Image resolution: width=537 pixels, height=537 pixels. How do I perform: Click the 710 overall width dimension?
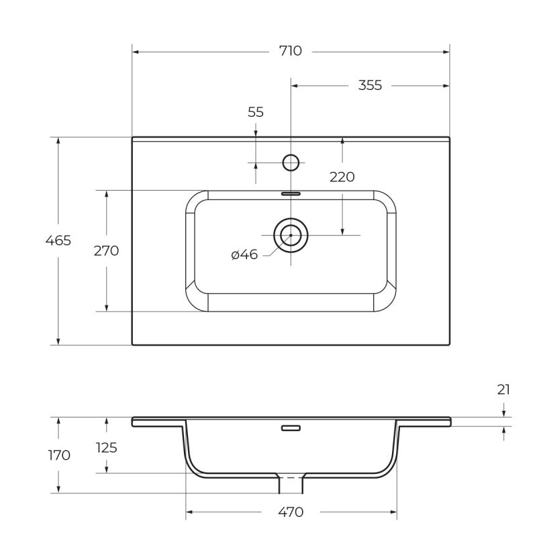pos(291,51)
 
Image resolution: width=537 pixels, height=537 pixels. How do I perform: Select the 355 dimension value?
pos(369,85)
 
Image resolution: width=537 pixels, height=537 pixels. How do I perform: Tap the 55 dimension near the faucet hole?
pos(256,112)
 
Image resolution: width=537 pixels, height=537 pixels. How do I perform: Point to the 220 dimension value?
pos(342,177)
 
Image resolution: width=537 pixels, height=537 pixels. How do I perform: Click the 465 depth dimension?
pos(58,240)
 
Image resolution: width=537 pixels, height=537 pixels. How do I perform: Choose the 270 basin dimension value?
pos(106,251)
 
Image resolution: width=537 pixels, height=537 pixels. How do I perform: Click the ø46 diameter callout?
pos(244,255)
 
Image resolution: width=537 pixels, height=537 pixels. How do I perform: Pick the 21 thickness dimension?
pos(504,389)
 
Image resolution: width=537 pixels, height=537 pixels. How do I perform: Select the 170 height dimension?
pos(59,455)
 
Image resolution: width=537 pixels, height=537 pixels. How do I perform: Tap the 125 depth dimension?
pos(106,447)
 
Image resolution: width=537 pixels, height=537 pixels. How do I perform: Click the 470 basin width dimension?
pos(291,513)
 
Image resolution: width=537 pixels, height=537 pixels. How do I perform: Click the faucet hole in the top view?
pos(291,162)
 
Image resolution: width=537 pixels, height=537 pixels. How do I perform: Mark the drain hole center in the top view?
pos(291,234)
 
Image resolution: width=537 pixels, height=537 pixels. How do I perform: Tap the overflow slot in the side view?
pos(291,428)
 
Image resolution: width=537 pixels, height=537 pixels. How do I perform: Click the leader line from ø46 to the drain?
pos(268,252)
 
